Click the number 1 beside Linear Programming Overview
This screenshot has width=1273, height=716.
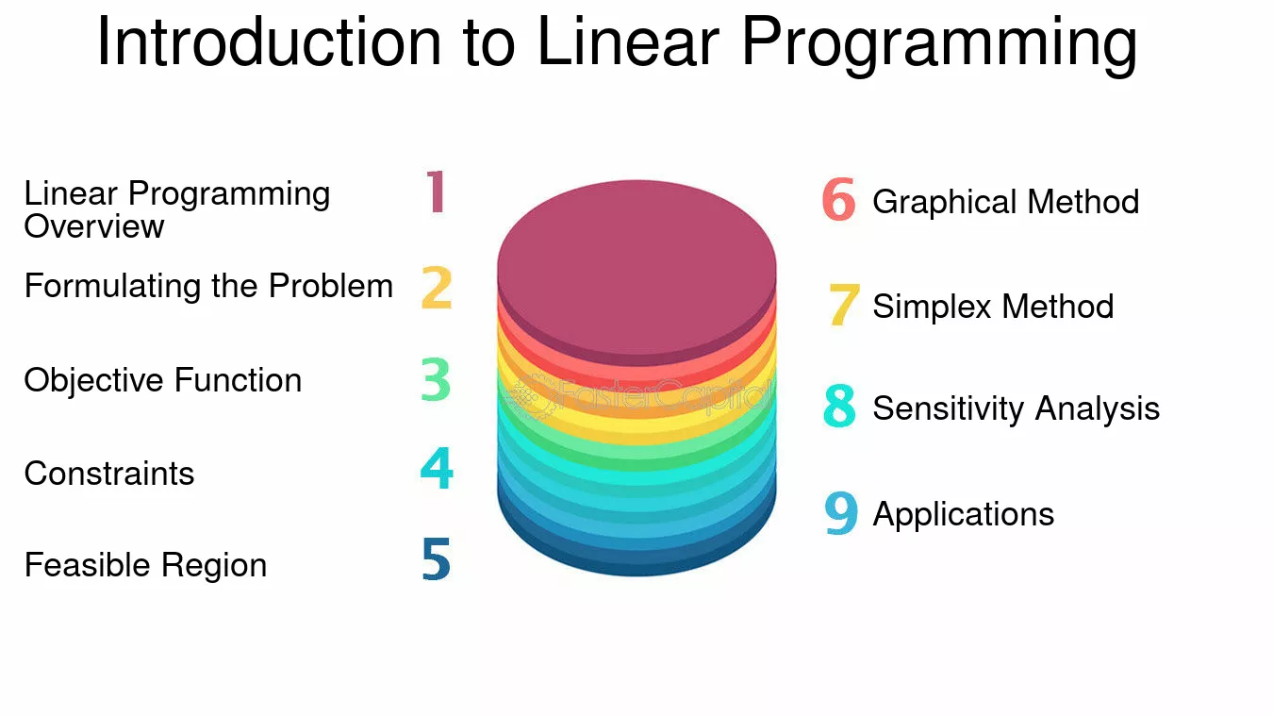(437, 191)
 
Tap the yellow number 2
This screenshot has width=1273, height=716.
(437, 287)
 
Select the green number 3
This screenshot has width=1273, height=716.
(436, 379)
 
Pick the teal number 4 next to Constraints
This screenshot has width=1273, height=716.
(437, 468)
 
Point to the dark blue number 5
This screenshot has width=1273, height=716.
(437, 559)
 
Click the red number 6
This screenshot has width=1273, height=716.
(839, 199)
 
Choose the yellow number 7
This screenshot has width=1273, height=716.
(843, 305)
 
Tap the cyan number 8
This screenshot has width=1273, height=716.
(839, 406)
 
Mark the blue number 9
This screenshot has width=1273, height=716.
(841, 513)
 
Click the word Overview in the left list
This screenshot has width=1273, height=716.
(93, 226)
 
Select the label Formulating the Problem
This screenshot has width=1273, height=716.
(208, 286)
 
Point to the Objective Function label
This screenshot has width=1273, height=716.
(162, 380)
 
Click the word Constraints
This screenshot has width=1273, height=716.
(109, 474)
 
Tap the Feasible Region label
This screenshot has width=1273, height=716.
(145, 565)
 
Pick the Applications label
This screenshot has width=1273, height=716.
(964, 515)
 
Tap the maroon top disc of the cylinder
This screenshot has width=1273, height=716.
(636, 273)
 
